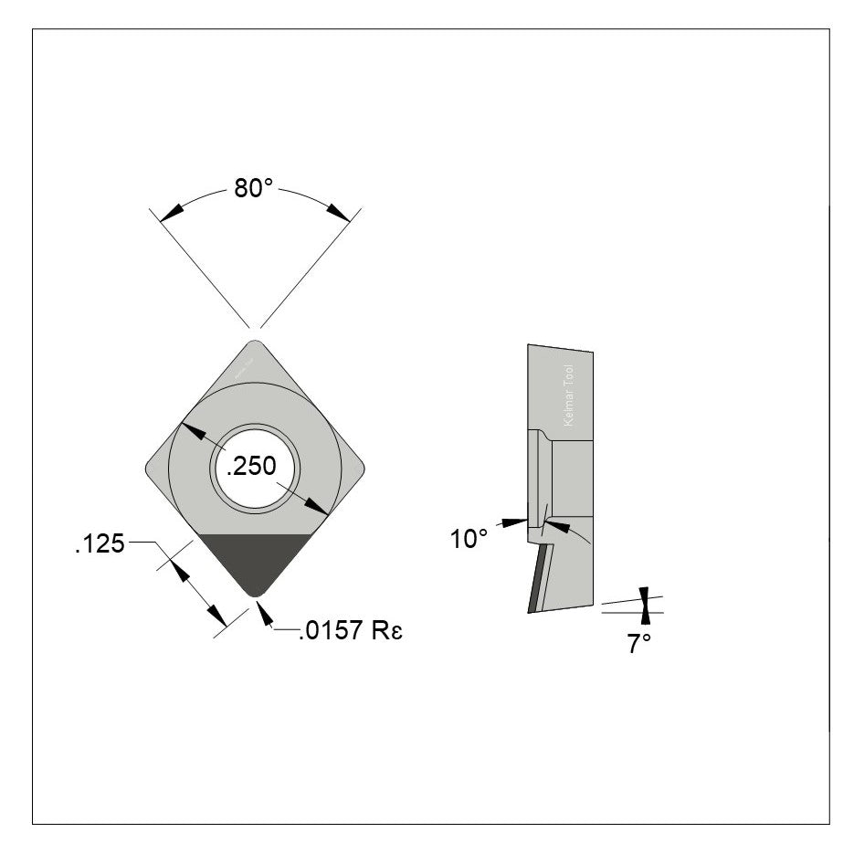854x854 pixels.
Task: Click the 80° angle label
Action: [x=255, y=189]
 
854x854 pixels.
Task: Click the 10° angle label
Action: [x=469, y=539]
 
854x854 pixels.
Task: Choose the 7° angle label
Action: [x=638, y=643]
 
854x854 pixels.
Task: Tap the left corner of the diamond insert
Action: [x=150, y=469]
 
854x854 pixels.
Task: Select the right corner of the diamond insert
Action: [x=362, y=469]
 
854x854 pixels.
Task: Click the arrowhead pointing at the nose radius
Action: [x=265, y=615]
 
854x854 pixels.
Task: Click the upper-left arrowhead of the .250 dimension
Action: [x=190, y=428]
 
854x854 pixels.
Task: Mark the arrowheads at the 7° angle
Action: [x=646, y=606]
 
